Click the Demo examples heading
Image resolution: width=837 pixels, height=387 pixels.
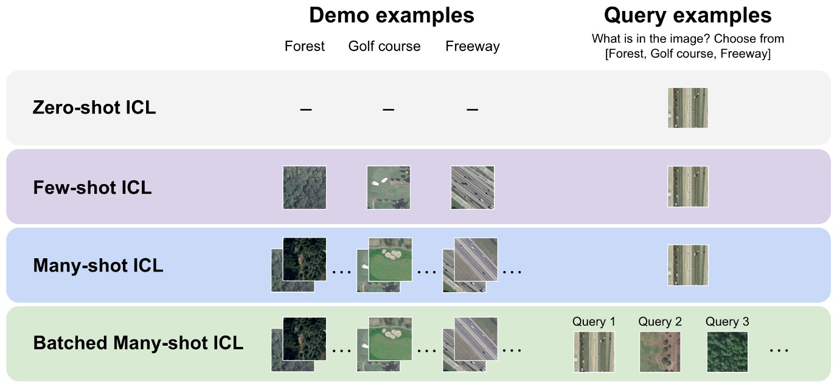click(x=391, y=15)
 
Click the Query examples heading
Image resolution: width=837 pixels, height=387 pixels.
click(x=687, y=15)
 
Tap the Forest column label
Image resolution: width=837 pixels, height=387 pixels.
click(x=305, y=47)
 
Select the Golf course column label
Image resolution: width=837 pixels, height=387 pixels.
click(x=384, y=47)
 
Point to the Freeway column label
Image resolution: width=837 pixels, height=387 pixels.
click(x=473, y=47)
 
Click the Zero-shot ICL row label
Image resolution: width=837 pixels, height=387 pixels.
click(x=94, y=108)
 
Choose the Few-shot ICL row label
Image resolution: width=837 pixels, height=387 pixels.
click(x=92, y=187)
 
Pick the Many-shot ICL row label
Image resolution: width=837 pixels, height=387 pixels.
click(x=98, y=265)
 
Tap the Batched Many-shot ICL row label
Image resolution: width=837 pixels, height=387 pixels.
click(x=138, y=343)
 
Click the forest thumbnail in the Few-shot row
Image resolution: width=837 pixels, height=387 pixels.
click(x=305, y=188)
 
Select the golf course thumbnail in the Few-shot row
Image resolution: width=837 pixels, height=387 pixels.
click(x=389, y=188)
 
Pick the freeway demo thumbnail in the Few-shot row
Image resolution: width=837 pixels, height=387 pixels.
click(x=473, y=188)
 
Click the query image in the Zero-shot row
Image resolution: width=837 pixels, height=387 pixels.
click(x=688, y=108)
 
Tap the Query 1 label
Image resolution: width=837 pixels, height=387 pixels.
click(x=594, y=322)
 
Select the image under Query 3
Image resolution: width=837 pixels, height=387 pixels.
click(x=728, y=351)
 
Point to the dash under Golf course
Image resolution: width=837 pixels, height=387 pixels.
click(x=389, y=109)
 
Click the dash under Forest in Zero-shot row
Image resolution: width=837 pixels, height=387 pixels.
click(x=305, y=109)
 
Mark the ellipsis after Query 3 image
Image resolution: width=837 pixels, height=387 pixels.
click(x=779, y=351)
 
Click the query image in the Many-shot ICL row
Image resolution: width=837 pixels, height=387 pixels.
click(x=688, y=265)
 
